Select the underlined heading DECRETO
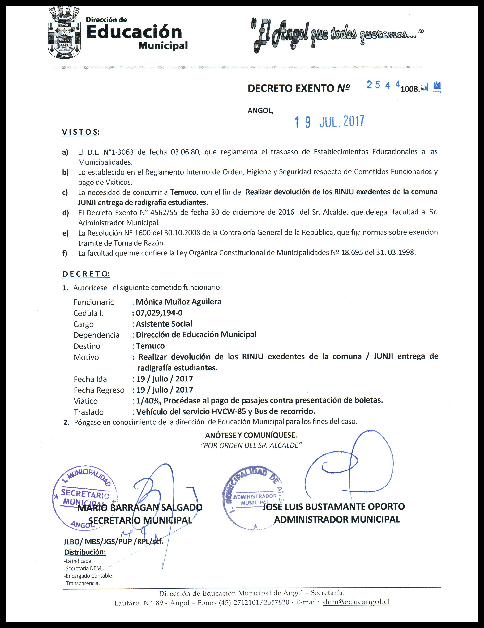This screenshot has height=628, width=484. [86, 274]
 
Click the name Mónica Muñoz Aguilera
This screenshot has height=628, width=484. [178, 302]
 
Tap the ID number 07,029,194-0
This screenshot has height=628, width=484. [159, 313]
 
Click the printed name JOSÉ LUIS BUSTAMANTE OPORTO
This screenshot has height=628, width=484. [333, 506]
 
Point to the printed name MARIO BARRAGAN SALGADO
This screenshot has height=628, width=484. [140, 508]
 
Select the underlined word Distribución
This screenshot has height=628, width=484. [85, 552]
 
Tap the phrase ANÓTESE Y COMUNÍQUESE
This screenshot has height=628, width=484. [251, 435]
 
